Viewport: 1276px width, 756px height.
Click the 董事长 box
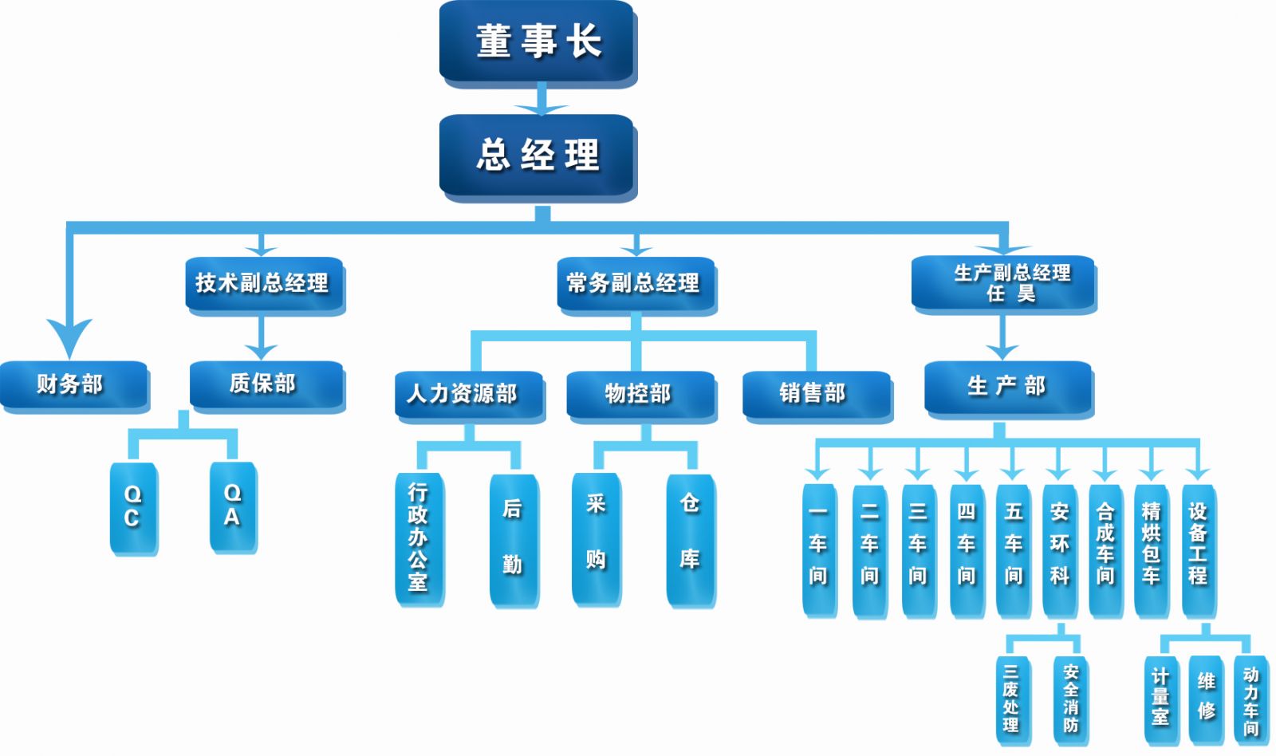537,41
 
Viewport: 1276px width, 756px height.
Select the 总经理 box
537,156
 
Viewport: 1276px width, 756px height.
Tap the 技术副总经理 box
263,283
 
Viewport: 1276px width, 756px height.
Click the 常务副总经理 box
635,283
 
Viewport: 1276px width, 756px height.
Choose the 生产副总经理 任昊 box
1003,283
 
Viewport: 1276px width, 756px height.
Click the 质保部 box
266,384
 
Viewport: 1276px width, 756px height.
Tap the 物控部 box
640,394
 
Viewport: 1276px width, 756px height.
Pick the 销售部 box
816,394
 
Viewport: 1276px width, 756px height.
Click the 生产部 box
1007,387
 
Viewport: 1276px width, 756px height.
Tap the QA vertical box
232,506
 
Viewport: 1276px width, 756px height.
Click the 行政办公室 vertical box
418,537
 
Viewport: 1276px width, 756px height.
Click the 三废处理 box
1011,699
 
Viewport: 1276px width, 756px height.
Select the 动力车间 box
1250,700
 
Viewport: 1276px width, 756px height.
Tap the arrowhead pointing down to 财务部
69,335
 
